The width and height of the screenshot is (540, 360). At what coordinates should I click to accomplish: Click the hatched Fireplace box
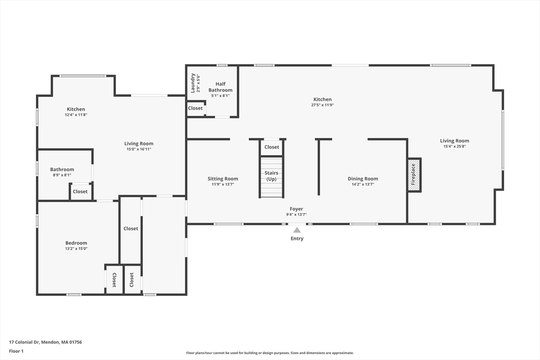tap(414, 175)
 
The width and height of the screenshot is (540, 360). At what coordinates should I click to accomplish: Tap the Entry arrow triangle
tap(297, 230)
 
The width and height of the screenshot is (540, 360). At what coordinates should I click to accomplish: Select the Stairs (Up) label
tap(272, 176)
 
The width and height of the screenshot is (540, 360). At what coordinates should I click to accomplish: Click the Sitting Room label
tap(223, 179)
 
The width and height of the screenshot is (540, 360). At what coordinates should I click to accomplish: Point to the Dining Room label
tap(363, 179)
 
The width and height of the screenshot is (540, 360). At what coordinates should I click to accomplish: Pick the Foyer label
tap(296, 209)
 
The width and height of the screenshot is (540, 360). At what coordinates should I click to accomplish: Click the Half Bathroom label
tap(220, 87)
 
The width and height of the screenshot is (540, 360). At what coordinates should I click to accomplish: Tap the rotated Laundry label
tap(193, 83)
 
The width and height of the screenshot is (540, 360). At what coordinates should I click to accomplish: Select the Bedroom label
tap(76, 242)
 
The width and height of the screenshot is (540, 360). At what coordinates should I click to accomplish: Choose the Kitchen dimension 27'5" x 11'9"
tap(322, 105)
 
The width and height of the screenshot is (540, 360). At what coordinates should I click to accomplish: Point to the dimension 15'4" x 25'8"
tap(454, 147)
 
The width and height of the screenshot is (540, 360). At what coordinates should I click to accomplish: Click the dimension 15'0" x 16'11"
tap(139, 149)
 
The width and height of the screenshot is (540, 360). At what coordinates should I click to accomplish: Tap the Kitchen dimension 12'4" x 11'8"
tap(76, 114)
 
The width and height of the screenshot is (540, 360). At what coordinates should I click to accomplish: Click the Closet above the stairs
tap(272, 147)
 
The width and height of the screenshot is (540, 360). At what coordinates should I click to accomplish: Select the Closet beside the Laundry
tap(195, 108)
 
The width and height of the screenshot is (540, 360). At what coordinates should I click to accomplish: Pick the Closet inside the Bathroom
tap(80, 191)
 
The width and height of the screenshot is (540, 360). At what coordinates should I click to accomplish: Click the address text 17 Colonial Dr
tap(24, 342)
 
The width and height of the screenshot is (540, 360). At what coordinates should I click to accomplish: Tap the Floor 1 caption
tap(16, 351)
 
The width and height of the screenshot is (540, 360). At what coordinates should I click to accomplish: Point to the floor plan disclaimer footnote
tap(270, 353)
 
